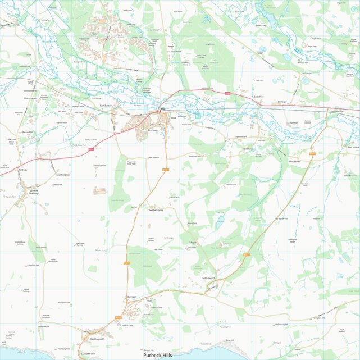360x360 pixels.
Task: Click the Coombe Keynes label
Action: click(x=154, y=211)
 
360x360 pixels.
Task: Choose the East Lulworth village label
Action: click(x=210, y=278)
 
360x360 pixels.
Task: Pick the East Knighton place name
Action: click(x=63, y=175)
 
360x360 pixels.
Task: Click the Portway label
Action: click(x=22, y=169)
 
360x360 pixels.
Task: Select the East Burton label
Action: click(x=106, y=105)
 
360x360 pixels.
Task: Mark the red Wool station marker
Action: click(x=161, y=111)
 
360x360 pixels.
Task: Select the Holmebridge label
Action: click(x=337, y=111)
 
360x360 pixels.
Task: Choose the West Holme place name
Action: click(x=295, y=161)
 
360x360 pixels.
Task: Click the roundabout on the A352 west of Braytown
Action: click(x=116, y=134)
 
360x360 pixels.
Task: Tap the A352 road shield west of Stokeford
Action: click(x=227, y=93)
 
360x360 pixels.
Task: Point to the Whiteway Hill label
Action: click(x=281, y=324)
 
